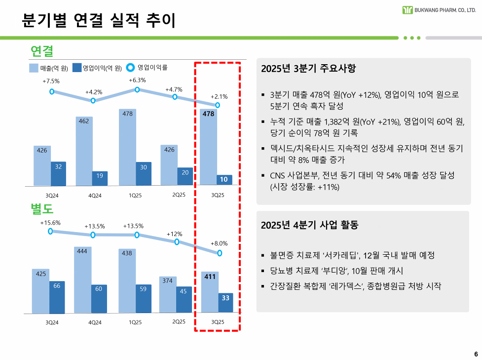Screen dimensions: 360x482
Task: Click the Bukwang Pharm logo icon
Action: click(x=408, y=10)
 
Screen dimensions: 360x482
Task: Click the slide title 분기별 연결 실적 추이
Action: click(x=99, y=20)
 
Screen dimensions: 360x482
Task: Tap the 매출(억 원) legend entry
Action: click(x=48, y=68)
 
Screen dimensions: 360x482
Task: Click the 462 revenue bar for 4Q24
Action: click(x=84, y=151)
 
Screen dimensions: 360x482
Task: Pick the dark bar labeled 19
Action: click(x=100, y=178)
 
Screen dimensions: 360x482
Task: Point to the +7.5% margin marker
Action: click(x=52, y=91)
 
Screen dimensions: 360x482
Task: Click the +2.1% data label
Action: click(x=219, y=96)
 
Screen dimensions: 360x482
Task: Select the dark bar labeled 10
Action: click(x=224, y=180)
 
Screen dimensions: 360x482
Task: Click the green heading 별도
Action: click(x=42, y=208)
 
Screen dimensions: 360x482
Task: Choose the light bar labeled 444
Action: click(x=82, y=280)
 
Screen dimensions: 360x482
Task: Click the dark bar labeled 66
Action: click(x=57, y=296)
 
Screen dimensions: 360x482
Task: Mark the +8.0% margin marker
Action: click(x=220, y=253)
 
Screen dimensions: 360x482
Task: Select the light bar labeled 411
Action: click(x=210, y=291)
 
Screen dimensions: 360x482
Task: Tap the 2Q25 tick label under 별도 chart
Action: click(x=179, y=322)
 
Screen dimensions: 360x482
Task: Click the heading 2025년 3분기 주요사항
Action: click(x=308, y=69)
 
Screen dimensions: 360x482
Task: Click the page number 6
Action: click(x=476, y=354)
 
